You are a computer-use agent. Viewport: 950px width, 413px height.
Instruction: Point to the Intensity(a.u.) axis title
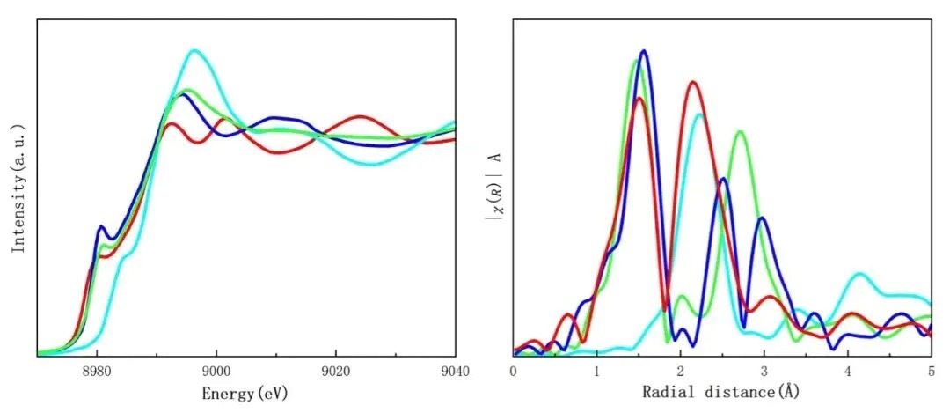(x=18, y=188)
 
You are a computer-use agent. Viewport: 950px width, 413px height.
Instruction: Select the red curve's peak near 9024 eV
(x=359, y=116)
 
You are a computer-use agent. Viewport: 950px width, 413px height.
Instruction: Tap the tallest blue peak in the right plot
(x=645, y=51)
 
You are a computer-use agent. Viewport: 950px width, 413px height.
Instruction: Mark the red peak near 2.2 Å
(x=693, y=82)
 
